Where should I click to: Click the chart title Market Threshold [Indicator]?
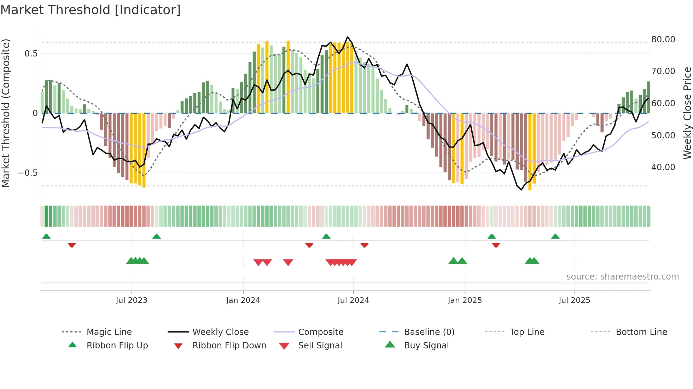point(91,10)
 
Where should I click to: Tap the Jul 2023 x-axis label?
point(132,300)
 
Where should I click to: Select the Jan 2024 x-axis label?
point(243,300)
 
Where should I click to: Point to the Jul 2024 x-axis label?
point(353,300)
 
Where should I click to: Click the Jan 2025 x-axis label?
point(465,300)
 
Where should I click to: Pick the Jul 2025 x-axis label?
point(574,300)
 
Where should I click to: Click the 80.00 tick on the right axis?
point(663,40)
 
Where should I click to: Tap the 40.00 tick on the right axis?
point(663,167)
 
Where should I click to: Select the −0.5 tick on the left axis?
point(28,173)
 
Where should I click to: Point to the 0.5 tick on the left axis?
point(31,54)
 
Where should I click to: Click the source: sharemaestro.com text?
point(622,277)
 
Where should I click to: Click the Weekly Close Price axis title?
point(687,113)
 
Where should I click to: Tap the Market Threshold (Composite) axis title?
point(6,113)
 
